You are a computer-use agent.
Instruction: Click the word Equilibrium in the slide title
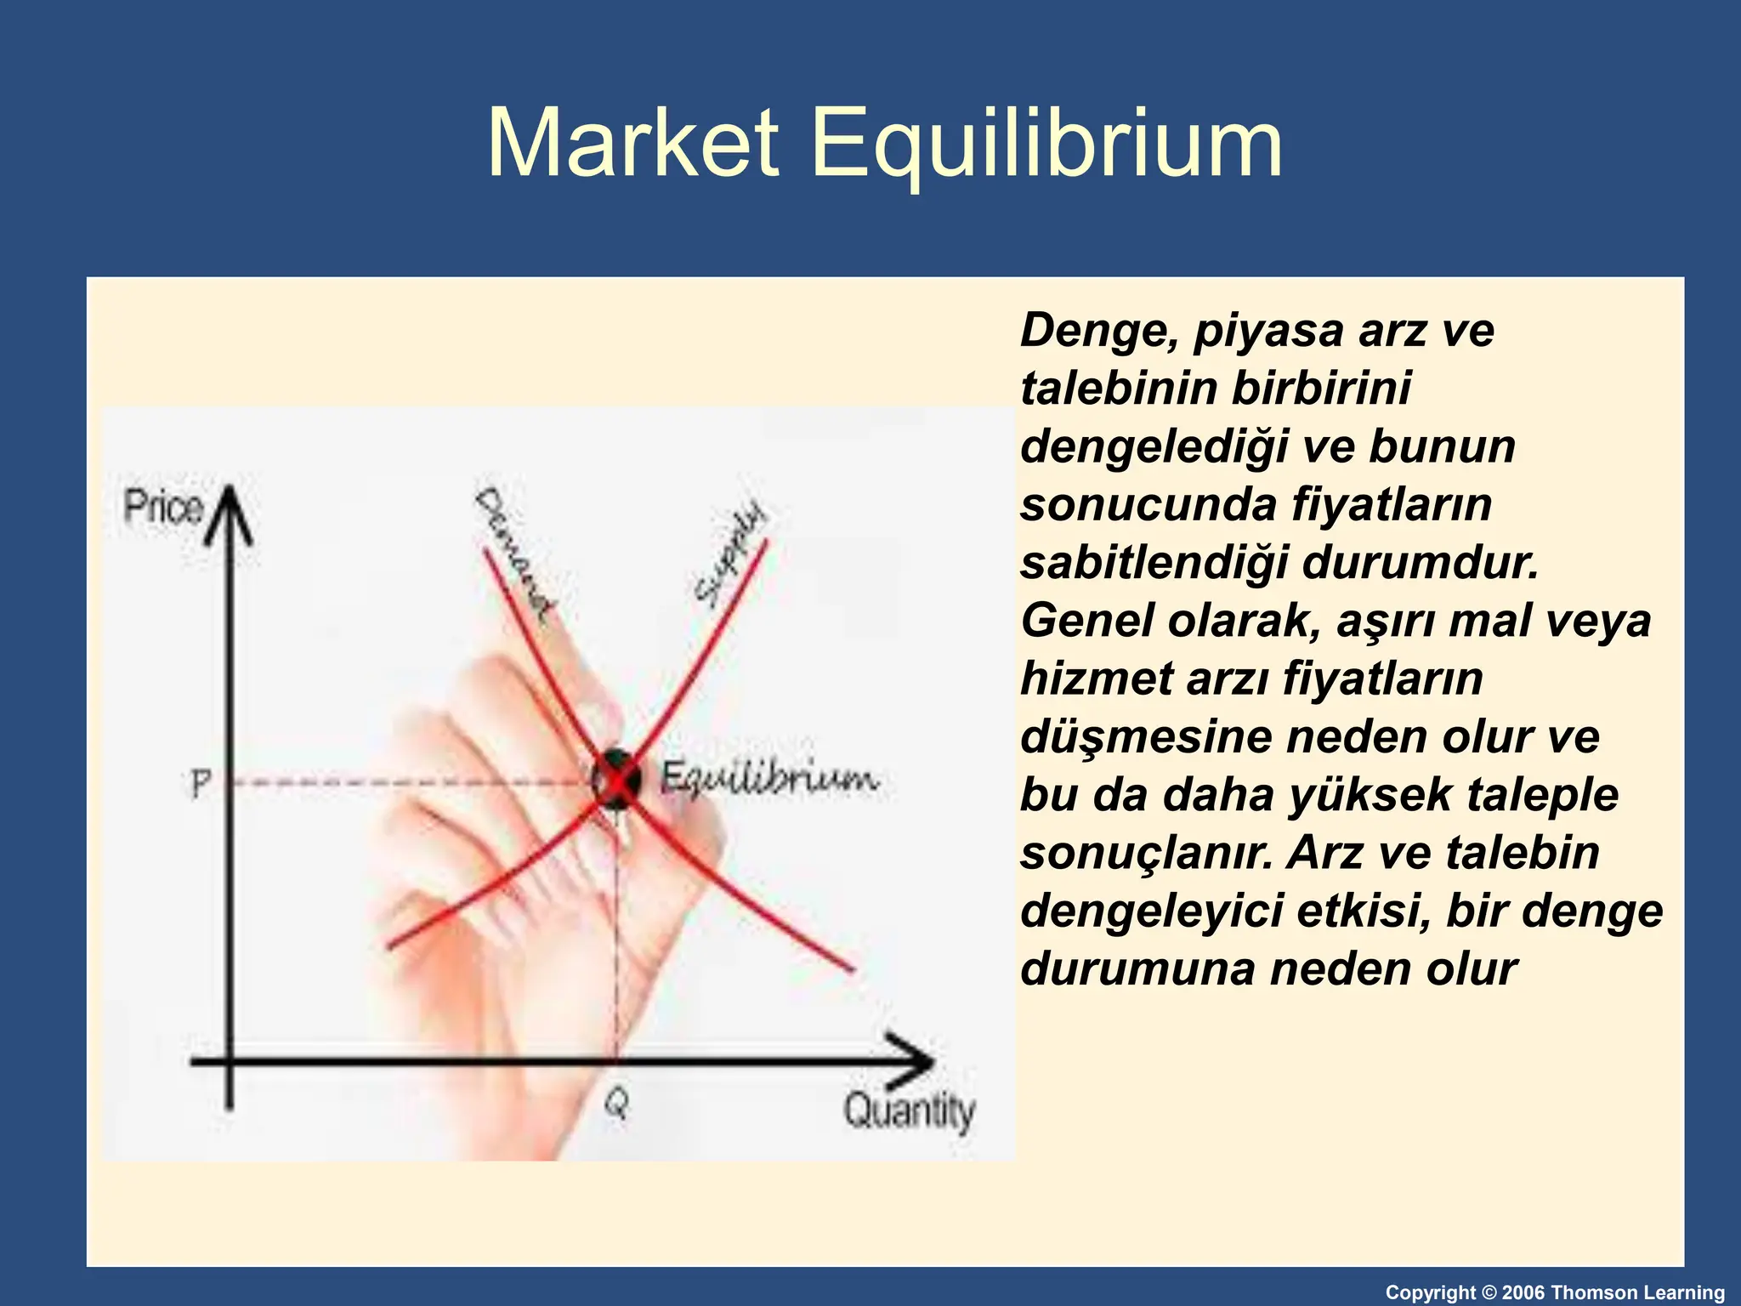click(1046, 145)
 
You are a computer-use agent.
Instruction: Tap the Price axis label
click(163, 507)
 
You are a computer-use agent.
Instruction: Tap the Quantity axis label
click(909, 1110)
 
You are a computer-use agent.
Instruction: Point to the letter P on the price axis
click(200, 782)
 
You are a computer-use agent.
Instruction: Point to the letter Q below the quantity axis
click(617, 1104)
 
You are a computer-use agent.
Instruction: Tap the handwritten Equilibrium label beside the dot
click(768, 777)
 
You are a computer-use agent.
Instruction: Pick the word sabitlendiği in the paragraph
click(1154, 563)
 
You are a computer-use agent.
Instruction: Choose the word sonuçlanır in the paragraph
click(1147, 853)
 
